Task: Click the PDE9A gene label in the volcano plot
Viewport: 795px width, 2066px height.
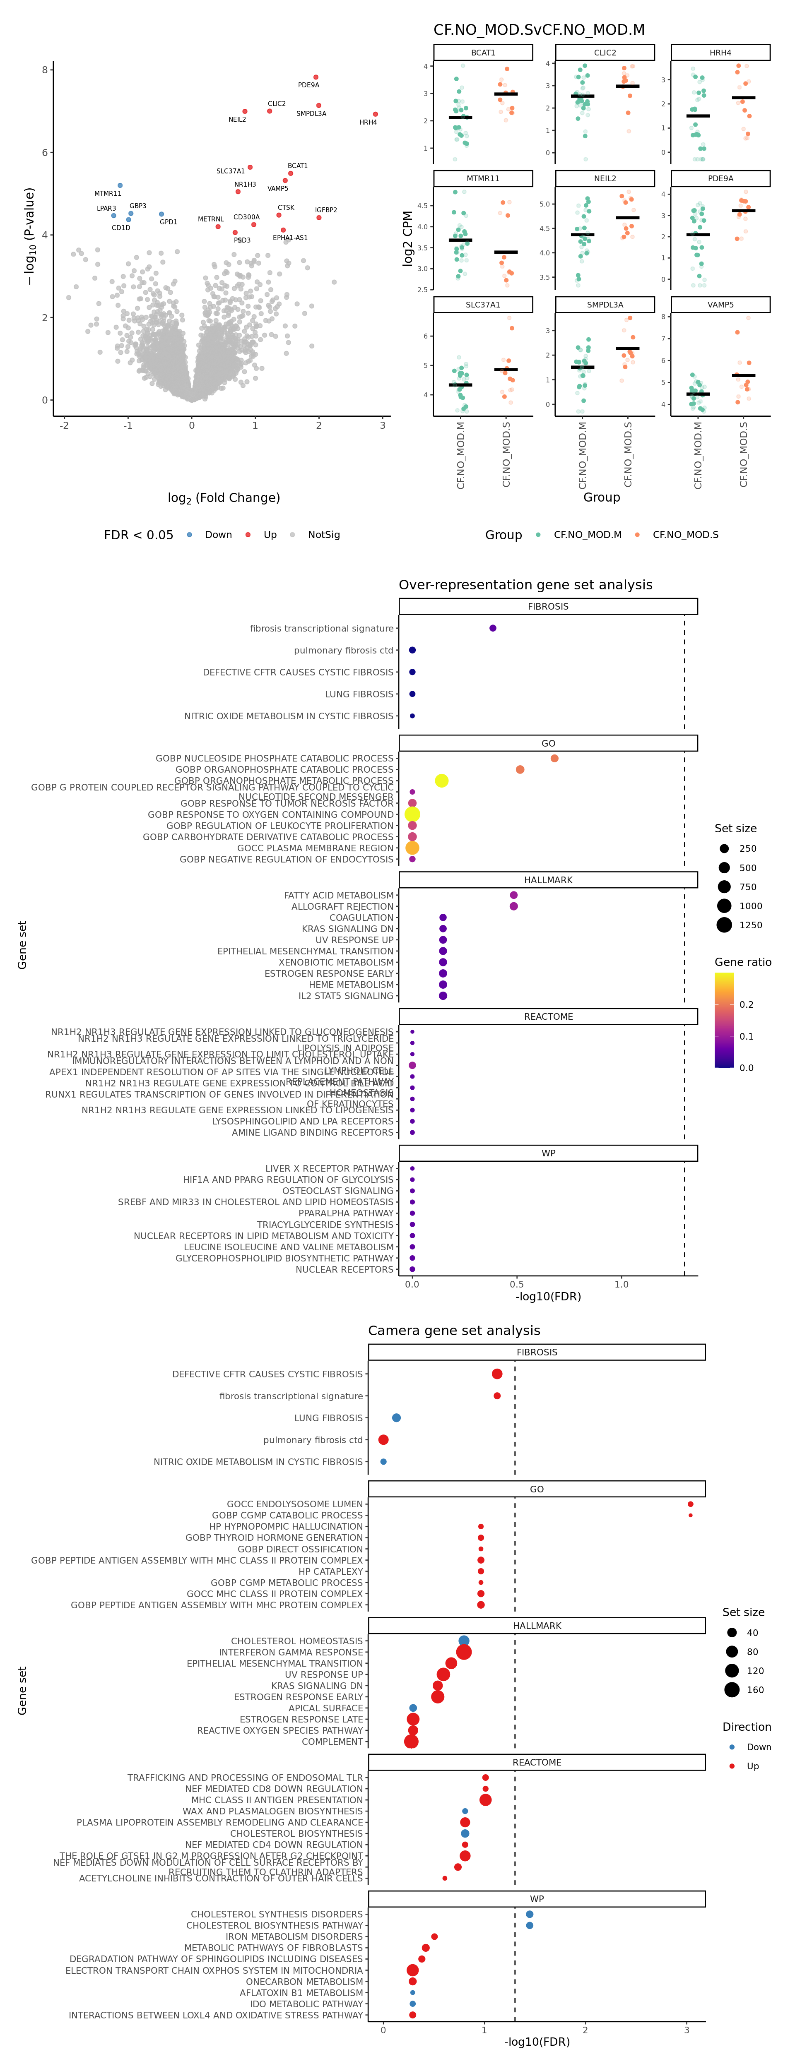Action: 308,85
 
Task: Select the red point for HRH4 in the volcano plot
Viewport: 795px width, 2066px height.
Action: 376,114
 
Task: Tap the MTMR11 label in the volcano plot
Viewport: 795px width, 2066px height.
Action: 108,193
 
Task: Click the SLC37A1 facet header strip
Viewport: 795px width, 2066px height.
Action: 483,305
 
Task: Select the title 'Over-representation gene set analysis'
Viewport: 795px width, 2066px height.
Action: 525,585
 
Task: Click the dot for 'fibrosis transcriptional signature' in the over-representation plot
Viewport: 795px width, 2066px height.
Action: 493,628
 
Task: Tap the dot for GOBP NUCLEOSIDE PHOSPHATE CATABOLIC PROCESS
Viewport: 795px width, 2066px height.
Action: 554,758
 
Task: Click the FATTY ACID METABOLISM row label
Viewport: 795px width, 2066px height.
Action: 339,895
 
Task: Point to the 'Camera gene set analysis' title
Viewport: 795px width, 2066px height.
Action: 454,1331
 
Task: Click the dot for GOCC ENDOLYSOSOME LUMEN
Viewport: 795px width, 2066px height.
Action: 690,1504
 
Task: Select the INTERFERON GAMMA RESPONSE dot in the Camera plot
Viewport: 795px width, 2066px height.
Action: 464,1652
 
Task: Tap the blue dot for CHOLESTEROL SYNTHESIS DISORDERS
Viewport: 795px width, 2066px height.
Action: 530,1915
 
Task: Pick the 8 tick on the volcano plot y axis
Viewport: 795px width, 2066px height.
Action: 45,70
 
